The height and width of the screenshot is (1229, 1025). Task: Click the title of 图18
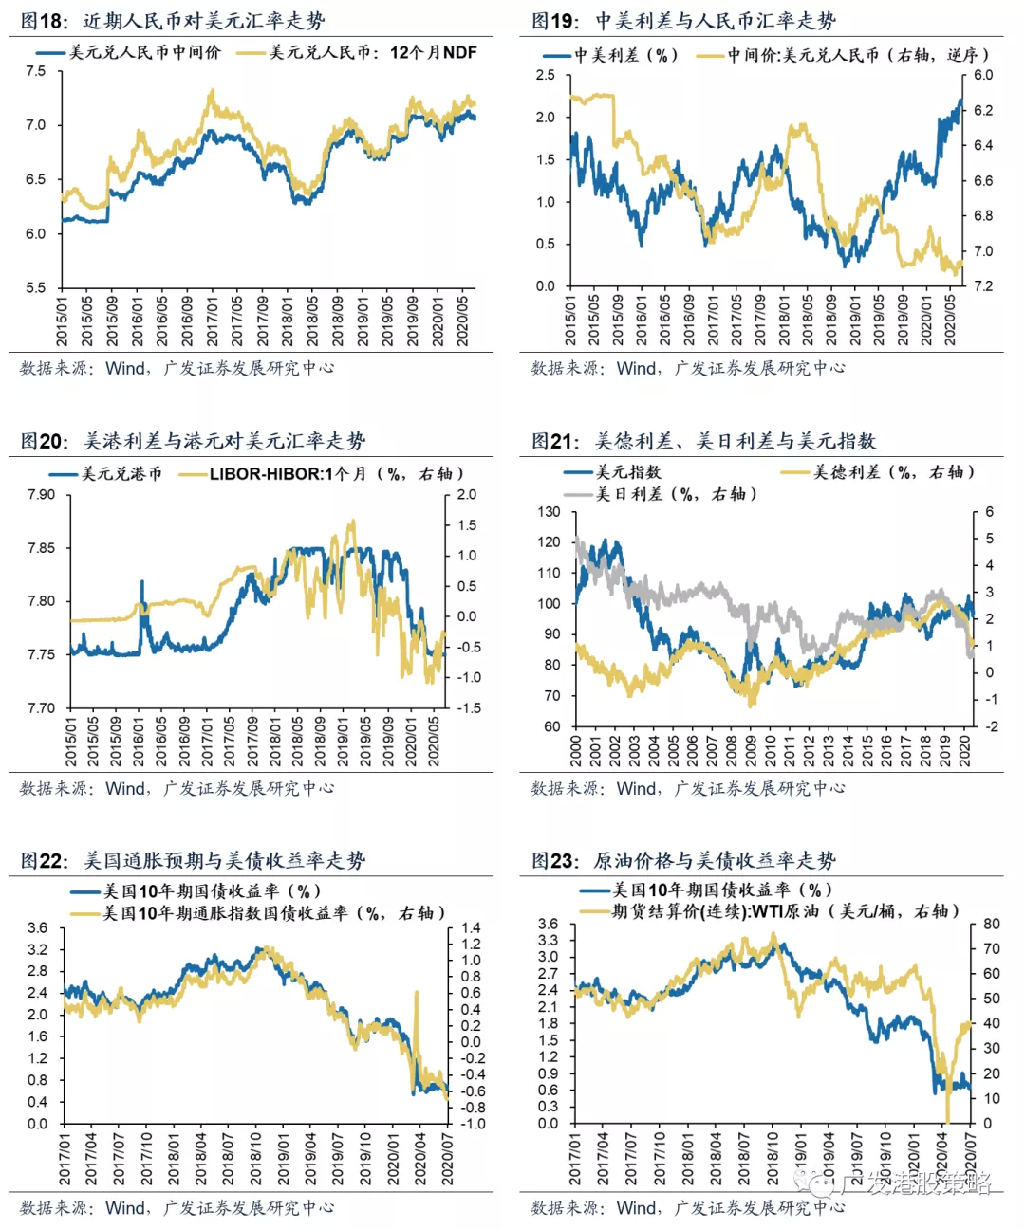[x=173, y=20]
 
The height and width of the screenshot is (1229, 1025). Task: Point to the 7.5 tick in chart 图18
[x=35, y=71]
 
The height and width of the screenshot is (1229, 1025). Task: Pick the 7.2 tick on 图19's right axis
[x=983, y=285]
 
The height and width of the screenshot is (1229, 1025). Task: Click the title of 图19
[x=683, y=20]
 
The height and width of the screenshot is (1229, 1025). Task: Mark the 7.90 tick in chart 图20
[x=41, y=494]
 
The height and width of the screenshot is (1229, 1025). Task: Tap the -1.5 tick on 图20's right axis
[x=468, y=707]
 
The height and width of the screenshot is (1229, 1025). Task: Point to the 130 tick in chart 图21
[x=549, y=512]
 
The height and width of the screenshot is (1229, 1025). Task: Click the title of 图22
[x=193, y=860]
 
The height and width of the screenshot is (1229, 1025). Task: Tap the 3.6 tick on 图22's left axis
[x=37, y=927]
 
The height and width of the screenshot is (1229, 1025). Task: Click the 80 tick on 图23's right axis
[x=991, y=924]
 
